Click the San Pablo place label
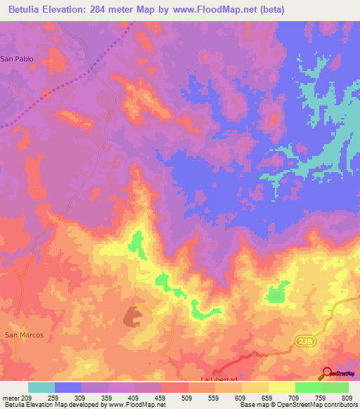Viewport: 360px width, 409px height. (17, 59)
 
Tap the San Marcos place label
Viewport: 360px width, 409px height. (25, 335)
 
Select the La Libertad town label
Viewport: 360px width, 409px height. (216, 379)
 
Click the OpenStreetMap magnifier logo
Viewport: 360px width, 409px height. (327, 373)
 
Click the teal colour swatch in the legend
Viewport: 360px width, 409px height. (41, 387)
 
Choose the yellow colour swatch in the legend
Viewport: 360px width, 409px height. (281, 387)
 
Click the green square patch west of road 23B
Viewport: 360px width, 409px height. (276, 292)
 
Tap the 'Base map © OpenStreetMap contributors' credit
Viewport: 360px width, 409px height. (297, 405)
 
